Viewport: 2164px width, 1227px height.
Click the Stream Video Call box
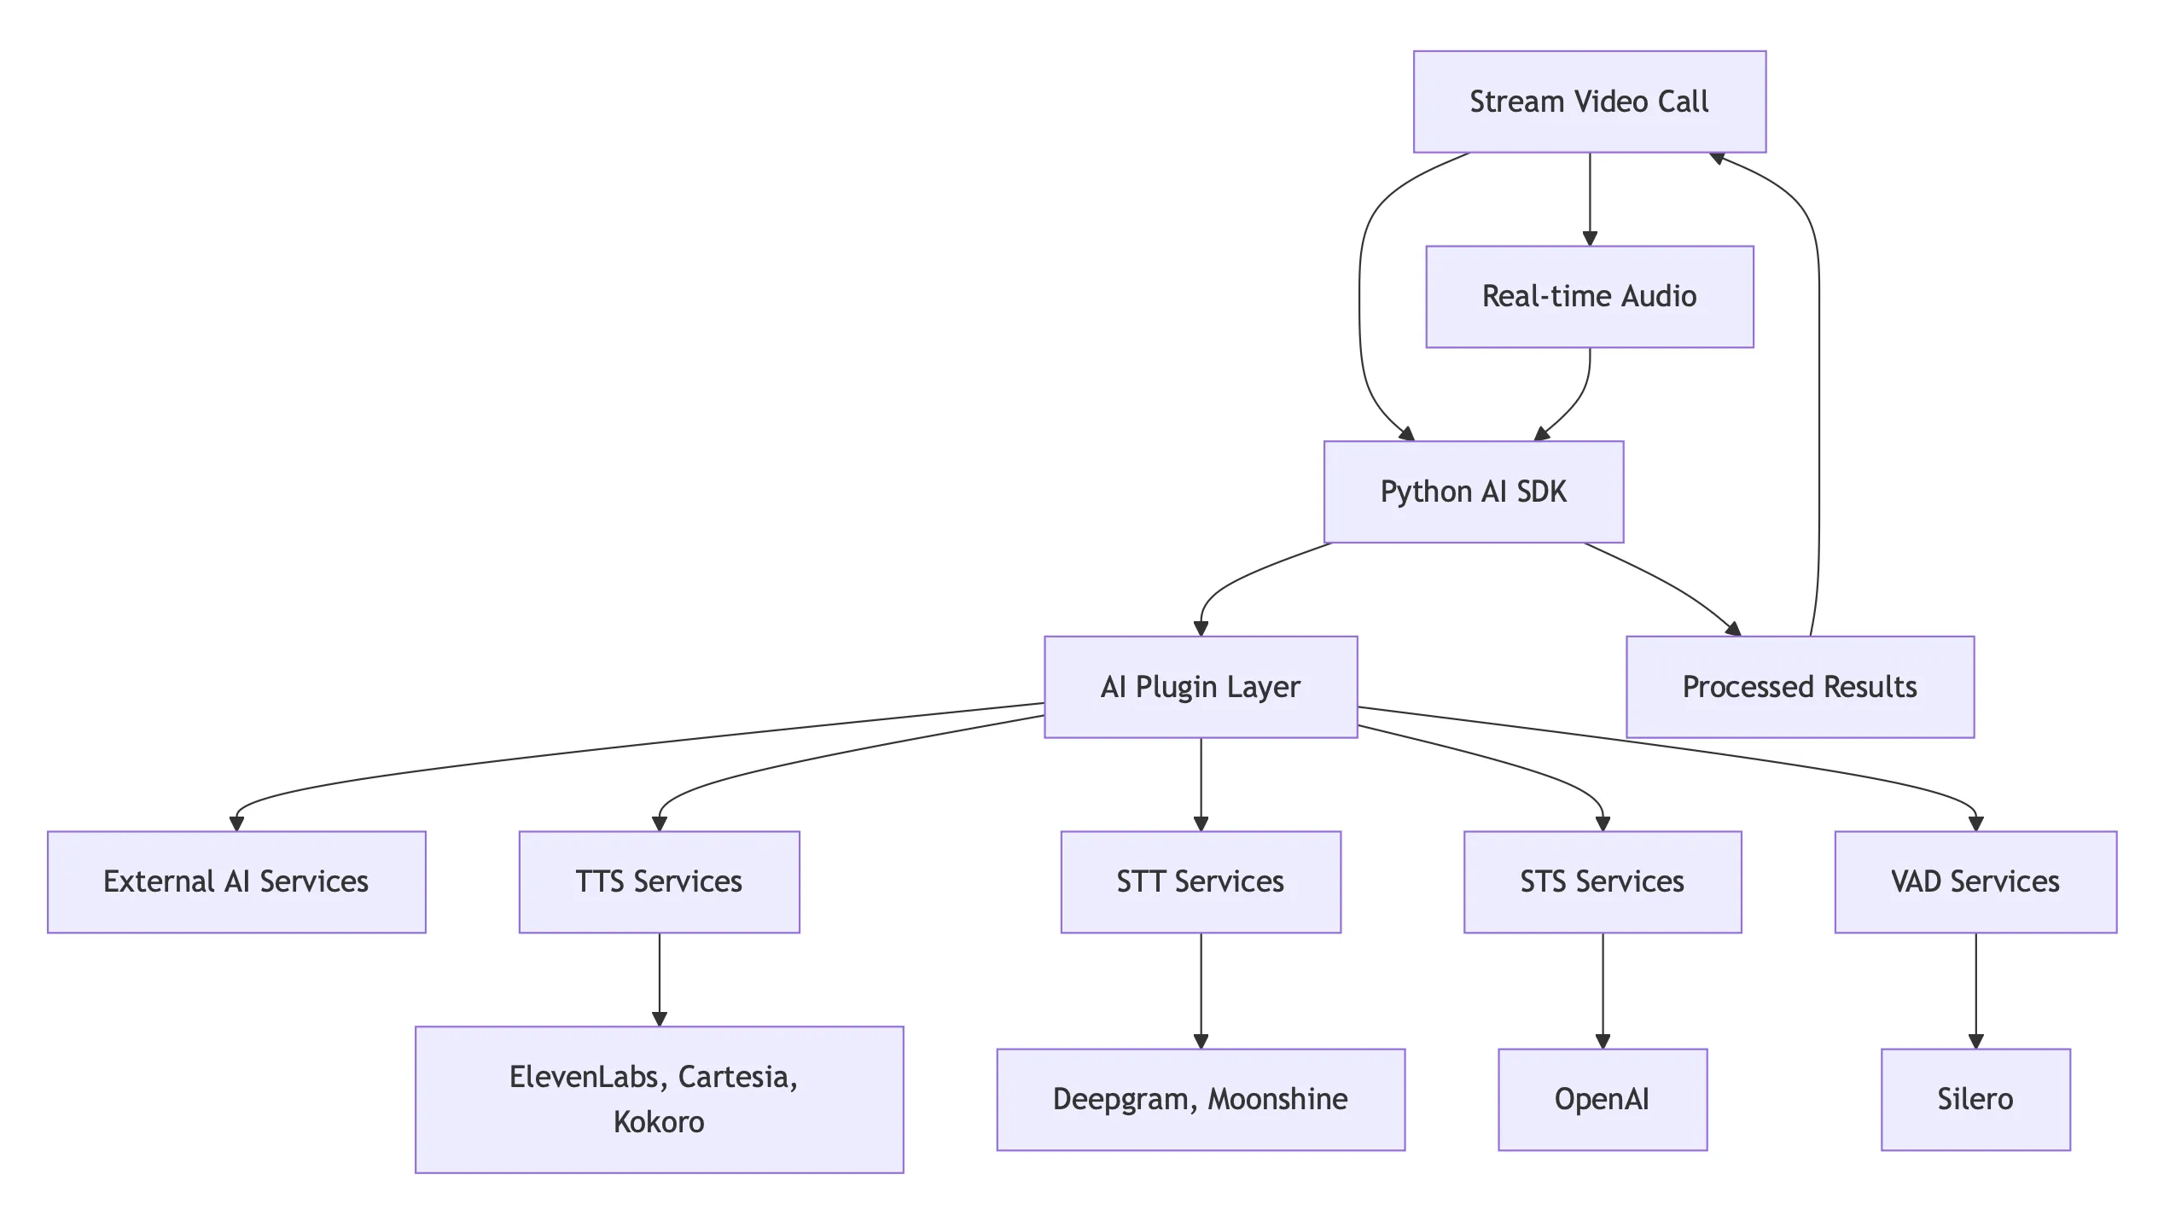(x=1589, y=102)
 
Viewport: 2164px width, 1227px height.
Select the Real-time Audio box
(x=1589, y=296)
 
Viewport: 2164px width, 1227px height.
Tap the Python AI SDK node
(x=1473, y=491)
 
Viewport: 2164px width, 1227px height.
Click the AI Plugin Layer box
(x=1200, y=686)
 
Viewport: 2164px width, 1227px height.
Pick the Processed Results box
(x=1799, y=686)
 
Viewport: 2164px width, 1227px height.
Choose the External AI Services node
(x=236, y=881)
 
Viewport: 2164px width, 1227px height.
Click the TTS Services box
(x=659, y=881)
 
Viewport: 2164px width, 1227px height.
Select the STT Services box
(x=1200, y=881)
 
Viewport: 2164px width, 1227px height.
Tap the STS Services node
(x=1602, y=881)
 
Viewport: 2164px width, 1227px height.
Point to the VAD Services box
(x=1975, y=881)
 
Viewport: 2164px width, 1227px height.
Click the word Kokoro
(x=659, y=1122)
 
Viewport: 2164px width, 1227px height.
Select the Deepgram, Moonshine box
(x=1200, y=1099)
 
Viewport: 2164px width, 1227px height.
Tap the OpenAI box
(x=1602, y=1099)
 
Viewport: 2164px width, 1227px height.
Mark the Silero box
(x=1975, y=1099)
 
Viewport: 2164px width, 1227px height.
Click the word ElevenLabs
(x=584, y=1077)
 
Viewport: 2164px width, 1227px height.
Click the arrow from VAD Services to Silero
(x=1975, y=990)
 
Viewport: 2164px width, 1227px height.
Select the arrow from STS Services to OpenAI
(x=1603, y=990)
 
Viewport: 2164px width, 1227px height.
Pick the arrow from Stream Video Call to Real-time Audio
(x=1589, y=198)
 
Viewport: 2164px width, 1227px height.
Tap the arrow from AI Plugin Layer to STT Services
(x=1201, y=783)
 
